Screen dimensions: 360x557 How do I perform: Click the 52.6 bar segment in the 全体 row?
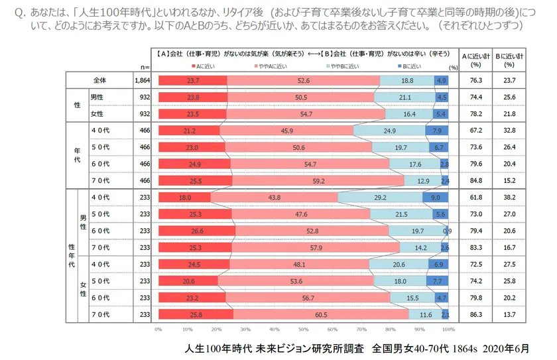click(x=304, y=80)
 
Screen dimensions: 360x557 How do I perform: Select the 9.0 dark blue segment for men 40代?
click(x=436, y=198)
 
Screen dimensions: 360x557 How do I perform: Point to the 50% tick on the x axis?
click(x=303, y=329)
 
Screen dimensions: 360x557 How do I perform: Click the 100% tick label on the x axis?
click(x=449, y=329)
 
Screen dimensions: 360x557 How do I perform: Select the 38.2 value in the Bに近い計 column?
click(x=509, y=198)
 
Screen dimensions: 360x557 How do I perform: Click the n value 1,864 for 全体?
click(x=142, y=80)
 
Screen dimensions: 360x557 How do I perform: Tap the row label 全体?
click(x=100, y=80)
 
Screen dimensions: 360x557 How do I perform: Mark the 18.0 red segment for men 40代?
click(x=184, y=198)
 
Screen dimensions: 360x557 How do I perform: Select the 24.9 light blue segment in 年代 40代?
click(x=389, y=131)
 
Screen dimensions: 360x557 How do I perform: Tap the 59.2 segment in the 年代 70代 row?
click(x=318, y=180)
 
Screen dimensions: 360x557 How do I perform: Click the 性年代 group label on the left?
click(x=72, y=255)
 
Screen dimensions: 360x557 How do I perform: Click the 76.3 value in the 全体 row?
click(x=474, y=80)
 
